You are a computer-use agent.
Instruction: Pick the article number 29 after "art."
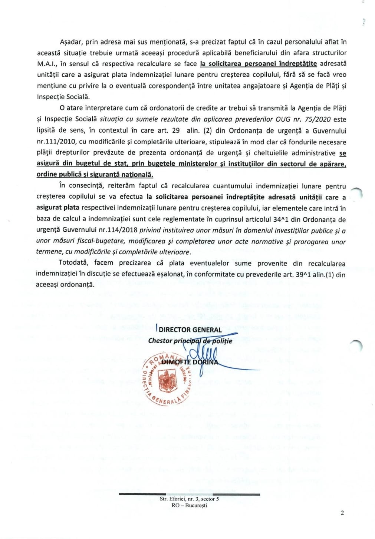[176, 130]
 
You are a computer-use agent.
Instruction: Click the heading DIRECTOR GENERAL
[190, 330]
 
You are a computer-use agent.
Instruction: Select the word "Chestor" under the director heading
[160, 341]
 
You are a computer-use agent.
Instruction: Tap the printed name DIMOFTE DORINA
[190, 362]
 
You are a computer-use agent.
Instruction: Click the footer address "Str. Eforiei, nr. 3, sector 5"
[189, 499]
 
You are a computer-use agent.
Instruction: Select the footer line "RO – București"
[189, 505]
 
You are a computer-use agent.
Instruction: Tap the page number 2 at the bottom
[342, 513]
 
